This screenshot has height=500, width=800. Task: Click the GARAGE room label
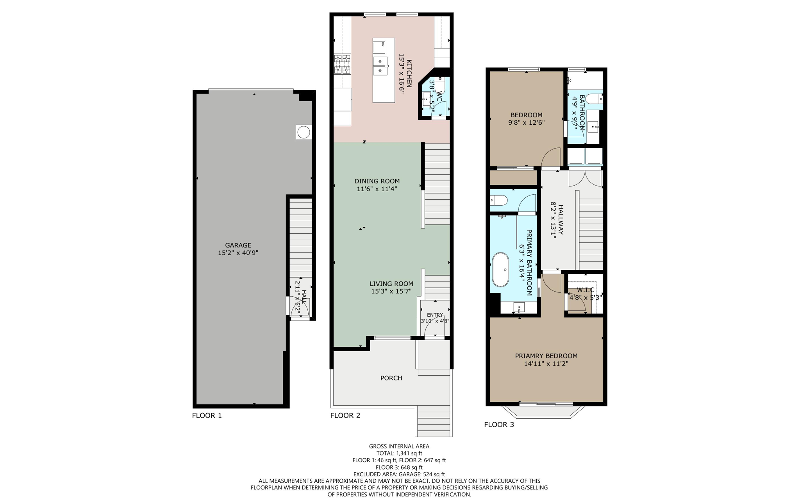(238, 246)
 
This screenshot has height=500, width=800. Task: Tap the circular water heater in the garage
(304, 133)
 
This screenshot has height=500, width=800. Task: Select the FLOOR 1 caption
(207, 416)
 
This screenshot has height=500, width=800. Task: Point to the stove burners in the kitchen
(342, 65)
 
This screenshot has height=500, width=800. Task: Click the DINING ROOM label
(377, 181)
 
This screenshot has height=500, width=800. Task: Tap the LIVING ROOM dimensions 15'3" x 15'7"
(391, 291)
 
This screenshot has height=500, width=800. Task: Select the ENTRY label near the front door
(435, 315)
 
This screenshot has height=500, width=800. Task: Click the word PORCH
(391, 378)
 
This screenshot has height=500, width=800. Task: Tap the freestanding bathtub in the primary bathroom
(500, 270)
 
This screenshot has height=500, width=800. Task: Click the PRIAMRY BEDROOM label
(546, 356)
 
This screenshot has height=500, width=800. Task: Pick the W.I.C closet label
(586, 290)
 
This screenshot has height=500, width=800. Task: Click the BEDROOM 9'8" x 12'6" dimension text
(526, 122)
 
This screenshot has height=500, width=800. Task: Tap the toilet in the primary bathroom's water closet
(499, 201)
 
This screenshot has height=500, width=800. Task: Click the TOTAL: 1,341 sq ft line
(399, 453)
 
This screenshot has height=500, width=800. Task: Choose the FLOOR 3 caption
(499, 425)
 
